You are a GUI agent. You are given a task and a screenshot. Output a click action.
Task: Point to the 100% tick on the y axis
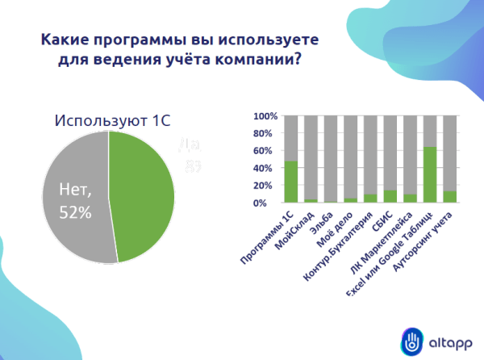[x=265, y=116]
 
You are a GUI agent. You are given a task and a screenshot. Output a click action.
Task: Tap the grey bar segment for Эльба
[x=329, y=157]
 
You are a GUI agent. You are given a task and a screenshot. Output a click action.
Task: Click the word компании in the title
[x=247, y=61]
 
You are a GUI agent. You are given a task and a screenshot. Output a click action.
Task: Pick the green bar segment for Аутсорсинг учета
[x=450, y=196]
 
